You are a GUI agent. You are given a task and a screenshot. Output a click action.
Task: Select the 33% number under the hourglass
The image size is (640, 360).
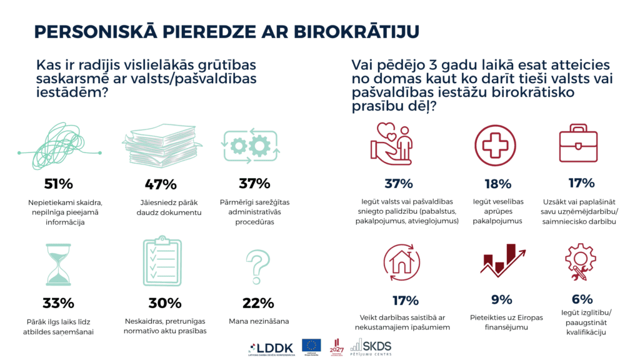point(59,303)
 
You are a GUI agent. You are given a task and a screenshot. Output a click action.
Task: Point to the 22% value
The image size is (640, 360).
point(257,303)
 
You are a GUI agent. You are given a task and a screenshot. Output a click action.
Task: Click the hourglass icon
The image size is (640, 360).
point(57,264)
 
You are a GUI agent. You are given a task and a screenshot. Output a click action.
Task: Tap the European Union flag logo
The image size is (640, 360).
point(311,346)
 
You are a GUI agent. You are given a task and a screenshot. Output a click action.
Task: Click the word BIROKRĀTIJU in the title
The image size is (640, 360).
point(356,32)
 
